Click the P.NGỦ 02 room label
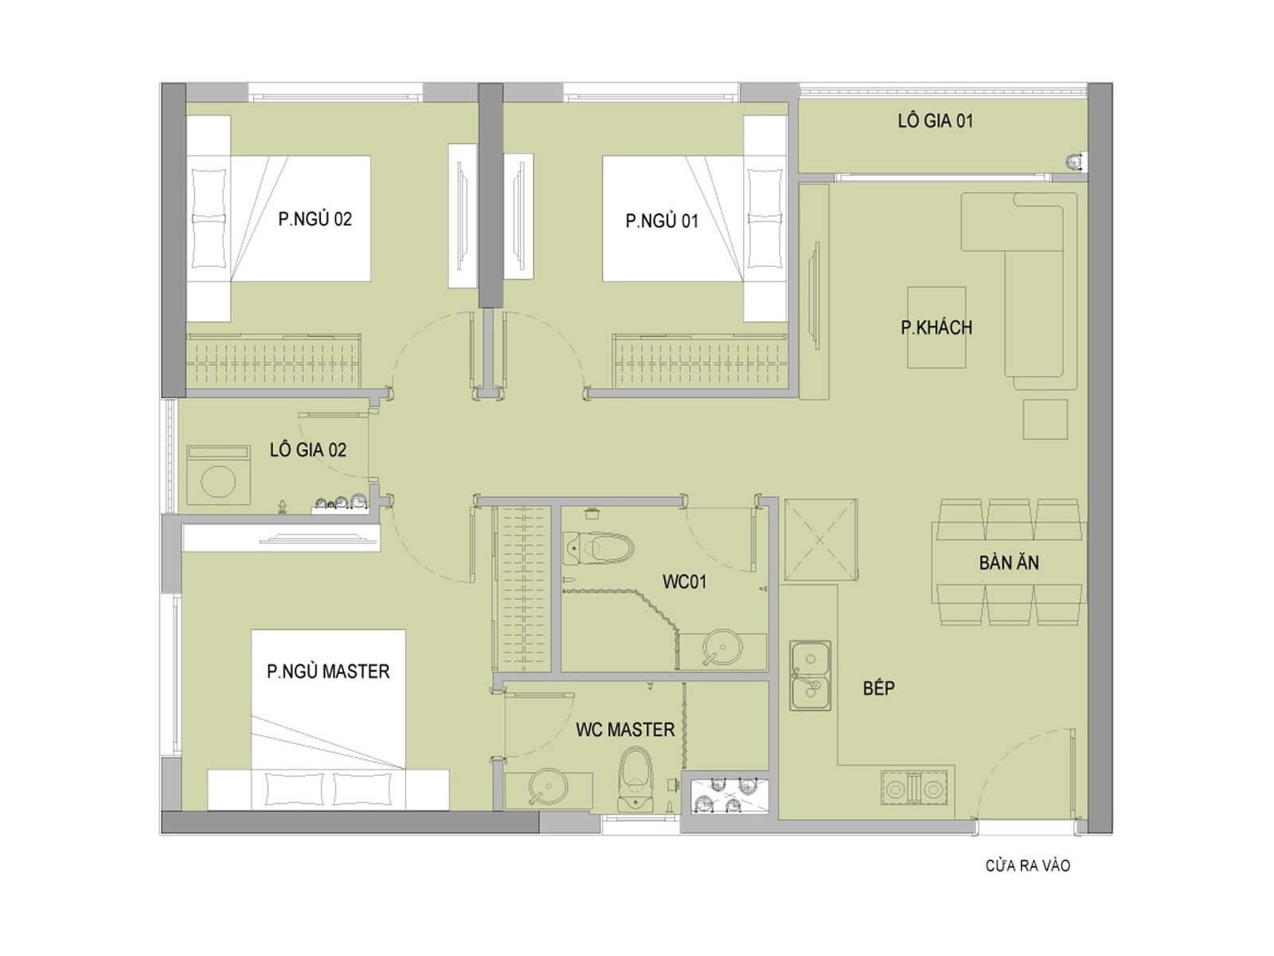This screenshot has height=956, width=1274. tap(315, 219)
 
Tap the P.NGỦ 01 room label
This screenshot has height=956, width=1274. tap(662, 221)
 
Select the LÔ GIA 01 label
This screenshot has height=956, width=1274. tap(935, 121)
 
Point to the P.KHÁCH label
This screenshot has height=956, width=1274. tap(936, 327)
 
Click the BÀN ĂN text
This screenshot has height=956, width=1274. tap(1009, 562)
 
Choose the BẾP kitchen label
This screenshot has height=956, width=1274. tap(878, 688)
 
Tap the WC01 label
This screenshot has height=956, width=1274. tap(684, 582)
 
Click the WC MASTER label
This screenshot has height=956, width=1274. tap(625, 730)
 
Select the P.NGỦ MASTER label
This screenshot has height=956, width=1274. tap(328, 672)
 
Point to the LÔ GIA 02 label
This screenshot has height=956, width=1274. tap(307, 450)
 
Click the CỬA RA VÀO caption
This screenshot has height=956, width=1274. tap(1028, 865)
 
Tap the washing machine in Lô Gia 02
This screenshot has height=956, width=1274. tap(218, 475)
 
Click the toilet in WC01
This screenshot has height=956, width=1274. tap(599, 547)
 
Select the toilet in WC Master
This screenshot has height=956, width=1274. tap(635, 780)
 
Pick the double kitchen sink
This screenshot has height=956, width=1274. tap(810, 676)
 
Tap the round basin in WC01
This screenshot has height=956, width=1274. tap(722, 647)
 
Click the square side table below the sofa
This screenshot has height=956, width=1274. tap(1045, 419)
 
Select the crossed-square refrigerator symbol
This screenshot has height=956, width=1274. tap(819, 540)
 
